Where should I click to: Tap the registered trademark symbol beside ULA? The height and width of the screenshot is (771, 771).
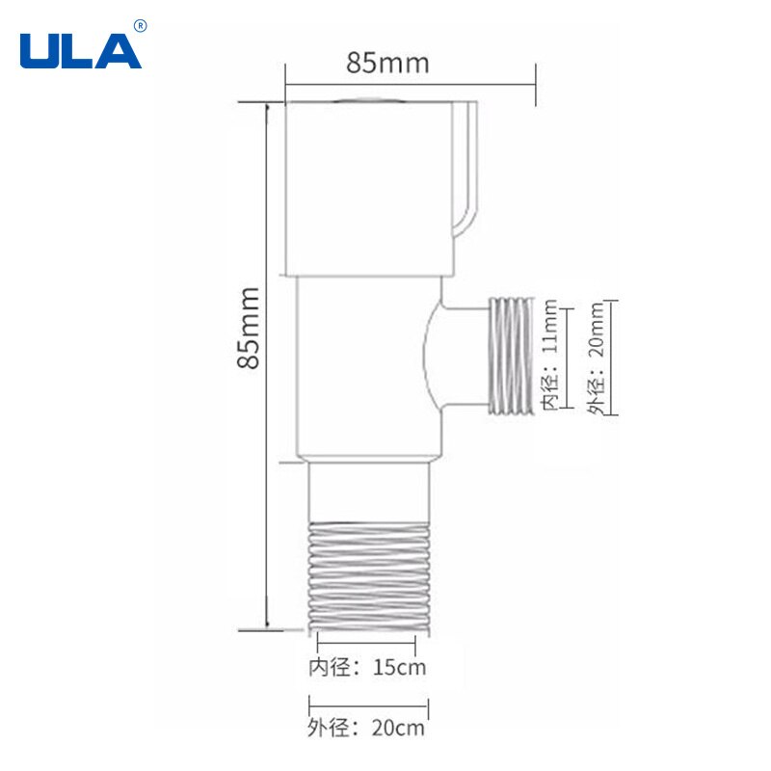(x=141, y=25)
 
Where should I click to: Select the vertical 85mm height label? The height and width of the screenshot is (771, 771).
(x=248, y=327)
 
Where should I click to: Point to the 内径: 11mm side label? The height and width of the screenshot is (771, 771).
(x=549, y=356)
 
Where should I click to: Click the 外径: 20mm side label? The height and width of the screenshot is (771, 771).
(x=598, y=357)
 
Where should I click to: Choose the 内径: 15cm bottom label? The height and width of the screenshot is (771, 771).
(x=366, y=667)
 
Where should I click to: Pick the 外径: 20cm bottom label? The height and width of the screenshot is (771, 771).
(x=366, y=728)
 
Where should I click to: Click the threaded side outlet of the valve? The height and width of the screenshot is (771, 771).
(x=511, y=356)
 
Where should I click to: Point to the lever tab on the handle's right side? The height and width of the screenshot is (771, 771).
(x=466, y=173)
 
